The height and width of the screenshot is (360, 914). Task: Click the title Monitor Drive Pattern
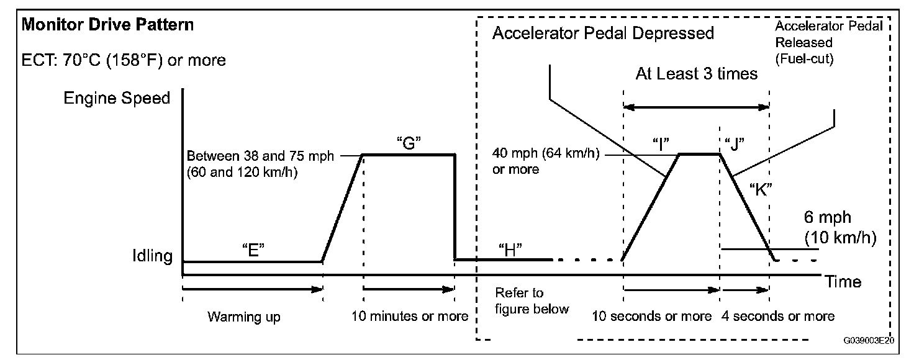click(x=108, y=25)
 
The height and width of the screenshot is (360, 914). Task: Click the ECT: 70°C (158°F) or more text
click(x=124, y=60)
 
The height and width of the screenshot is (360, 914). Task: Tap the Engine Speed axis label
click(x=117, y=99)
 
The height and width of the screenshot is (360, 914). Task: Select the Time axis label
click(x=843, y=282)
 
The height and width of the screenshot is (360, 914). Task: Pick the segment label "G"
click(x=409, y=142)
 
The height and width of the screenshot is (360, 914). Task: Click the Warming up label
click(x=244, y=317)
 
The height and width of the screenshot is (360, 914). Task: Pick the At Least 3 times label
click(x=696, y=74)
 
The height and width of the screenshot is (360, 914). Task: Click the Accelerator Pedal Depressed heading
click(x=603, y=33)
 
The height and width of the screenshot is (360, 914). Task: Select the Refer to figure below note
click(x=532, y=300)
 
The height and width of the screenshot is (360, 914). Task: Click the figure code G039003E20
click(x=868, y=341)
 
